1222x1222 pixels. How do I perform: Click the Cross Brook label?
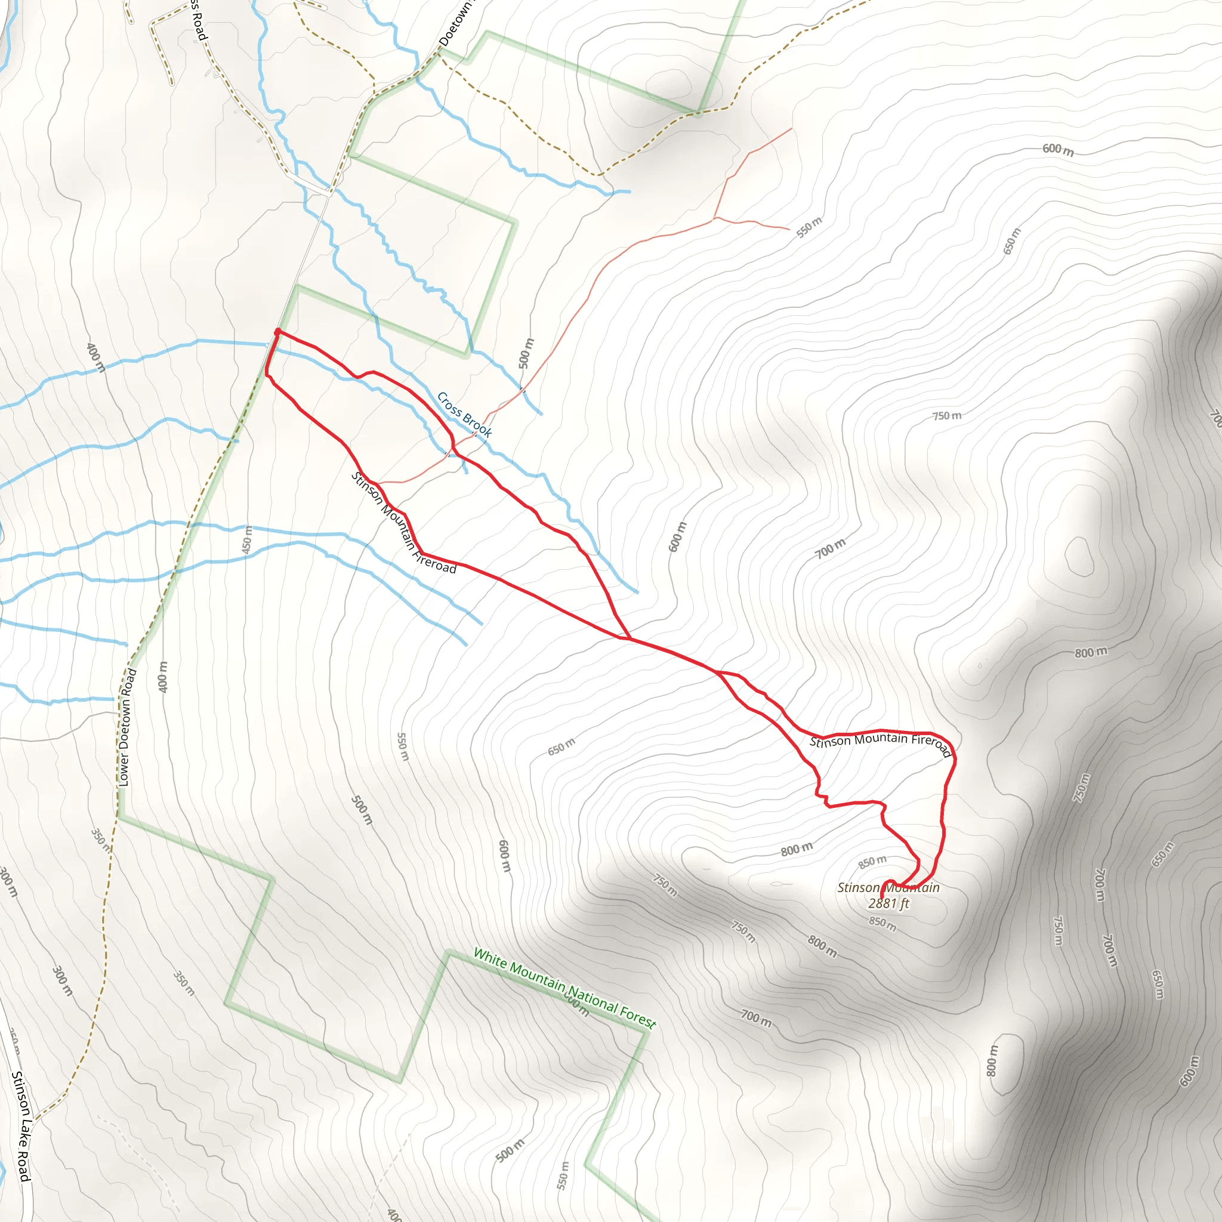pos(464,414)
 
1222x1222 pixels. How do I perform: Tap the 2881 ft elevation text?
pos(888,903)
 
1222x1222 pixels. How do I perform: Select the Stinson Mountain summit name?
pos(888,887)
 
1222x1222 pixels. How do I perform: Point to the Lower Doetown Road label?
pos(127,727)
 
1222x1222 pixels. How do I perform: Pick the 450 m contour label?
pos(247,539)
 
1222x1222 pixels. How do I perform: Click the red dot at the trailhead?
pos(277,331)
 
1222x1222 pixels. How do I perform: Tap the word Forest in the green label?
pos(638,1015)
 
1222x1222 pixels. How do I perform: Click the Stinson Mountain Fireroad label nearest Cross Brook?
pos(403,524)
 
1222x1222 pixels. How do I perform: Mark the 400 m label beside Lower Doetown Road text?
pos(163,677)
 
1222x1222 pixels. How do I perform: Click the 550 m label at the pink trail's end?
pos(809,227)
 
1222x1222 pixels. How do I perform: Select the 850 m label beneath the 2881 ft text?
pos(882,924)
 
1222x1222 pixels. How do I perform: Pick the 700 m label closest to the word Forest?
pos(756,1018)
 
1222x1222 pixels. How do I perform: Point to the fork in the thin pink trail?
pos(714,218)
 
